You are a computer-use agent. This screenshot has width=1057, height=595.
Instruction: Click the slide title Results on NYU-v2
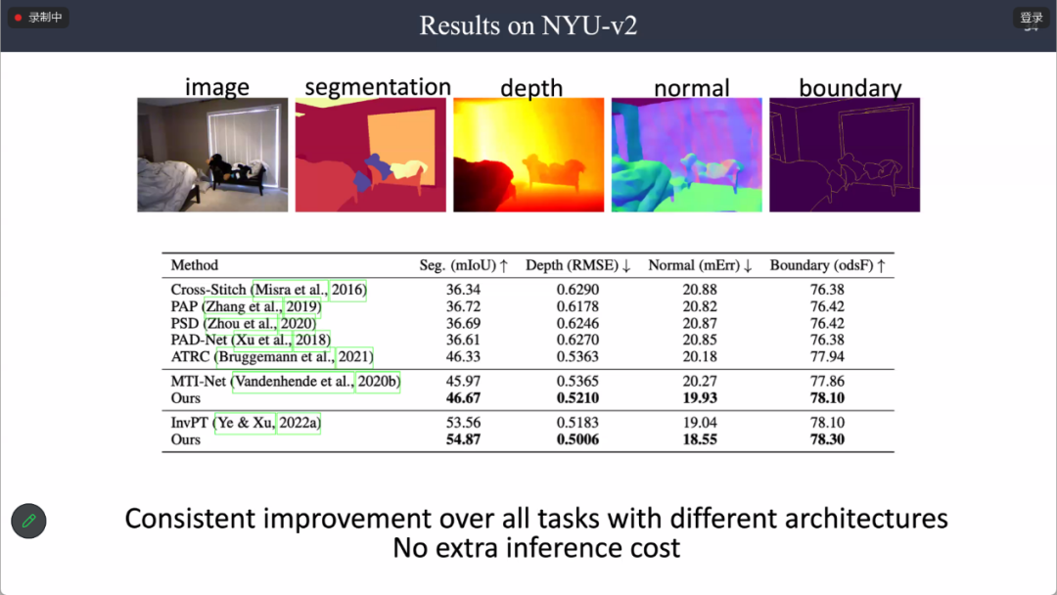(528, 25)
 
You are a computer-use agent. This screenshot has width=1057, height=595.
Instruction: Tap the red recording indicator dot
(19, 18)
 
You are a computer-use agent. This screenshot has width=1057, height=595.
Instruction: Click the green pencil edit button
(28, 521)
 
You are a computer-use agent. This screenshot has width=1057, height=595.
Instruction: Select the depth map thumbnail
(528, 155)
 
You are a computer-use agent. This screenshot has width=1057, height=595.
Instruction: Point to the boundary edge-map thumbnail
(845, 155)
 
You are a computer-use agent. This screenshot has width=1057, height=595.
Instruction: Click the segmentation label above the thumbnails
(378, 87)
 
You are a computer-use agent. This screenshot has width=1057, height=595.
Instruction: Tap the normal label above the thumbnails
(692, 88)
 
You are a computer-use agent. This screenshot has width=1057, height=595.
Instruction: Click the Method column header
(194, 265)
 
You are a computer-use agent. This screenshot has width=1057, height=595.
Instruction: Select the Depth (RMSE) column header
(577, 265)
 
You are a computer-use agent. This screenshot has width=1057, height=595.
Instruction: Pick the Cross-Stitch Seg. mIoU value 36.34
(463, 290)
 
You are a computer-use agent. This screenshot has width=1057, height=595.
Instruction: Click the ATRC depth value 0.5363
(577, 356)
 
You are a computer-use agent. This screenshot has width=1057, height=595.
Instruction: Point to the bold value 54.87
(463, 439)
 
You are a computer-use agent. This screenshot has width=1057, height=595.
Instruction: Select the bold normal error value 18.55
(700, 439)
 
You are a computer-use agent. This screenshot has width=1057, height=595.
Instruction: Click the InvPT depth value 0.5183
(577, 423)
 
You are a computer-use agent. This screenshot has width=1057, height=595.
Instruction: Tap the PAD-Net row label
(198, 340)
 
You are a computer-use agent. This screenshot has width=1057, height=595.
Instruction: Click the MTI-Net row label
(198, 382)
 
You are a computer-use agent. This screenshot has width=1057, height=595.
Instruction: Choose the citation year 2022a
(299, 423)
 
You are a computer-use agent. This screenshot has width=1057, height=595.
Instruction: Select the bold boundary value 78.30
(827, 439)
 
